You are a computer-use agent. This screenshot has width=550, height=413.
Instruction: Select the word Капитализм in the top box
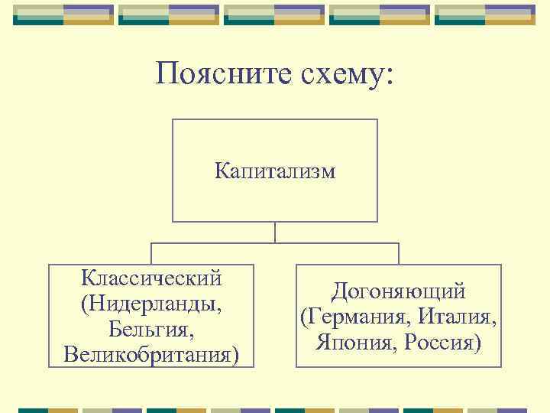(275, 171)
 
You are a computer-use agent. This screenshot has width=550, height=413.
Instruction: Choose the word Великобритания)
(151, 355)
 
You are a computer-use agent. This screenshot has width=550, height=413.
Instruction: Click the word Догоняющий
(398, 291)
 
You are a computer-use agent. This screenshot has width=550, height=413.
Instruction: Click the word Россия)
(444, 342)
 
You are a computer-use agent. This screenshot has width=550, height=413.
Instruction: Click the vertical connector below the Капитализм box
(275, 233)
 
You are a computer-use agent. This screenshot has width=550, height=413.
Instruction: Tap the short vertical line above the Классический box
(151, 254)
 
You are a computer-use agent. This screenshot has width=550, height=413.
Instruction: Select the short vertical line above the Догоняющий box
(399, 254)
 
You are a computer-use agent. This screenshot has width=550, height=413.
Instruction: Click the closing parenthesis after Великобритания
(234, 356)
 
